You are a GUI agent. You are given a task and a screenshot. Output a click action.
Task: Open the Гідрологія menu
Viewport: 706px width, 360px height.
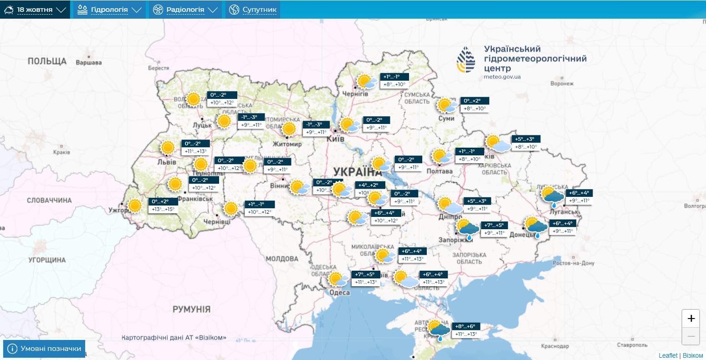(x=109, y=10)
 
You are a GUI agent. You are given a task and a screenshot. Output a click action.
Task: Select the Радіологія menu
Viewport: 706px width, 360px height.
(x=185, y=10)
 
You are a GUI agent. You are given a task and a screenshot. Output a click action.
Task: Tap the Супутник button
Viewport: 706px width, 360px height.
(x=253, y=10)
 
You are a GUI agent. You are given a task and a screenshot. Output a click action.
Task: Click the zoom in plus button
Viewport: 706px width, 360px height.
(x=691, y=319)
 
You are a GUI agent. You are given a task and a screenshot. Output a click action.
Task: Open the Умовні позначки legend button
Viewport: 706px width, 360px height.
(x=44, y=349)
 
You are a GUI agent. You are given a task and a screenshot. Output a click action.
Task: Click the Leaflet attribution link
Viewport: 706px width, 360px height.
(x=668, y=355)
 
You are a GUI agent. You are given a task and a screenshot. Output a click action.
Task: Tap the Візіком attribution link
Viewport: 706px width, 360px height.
(x=692, y=355)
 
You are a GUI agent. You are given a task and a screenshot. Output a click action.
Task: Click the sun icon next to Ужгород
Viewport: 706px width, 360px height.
(x=134, y=206)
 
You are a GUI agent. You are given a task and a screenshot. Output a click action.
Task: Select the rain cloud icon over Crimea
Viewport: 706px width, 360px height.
(x=439, y=331)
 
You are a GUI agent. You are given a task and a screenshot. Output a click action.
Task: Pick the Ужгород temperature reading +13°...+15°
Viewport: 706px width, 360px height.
(x=163, y=209)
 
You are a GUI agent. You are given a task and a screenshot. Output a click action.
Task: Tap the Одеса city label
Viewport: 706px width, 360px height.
(x=339, y=293)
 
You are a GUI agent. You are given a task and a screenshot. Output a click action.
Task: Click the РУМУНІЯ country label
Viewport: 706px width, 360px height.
(x=191, y=309)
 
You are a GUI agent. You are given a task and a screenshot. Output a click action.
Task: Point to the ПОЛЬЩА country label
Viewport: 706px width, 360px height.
(x=47, y=61)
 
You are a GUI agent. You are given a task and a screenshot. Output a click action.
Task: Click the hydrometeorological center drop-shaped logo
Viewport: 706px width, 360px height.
(x=466, y=60)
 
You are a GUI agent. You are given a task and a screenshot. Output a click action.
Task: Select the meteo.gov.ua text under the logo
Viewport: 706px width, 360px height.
(x=502, y=77)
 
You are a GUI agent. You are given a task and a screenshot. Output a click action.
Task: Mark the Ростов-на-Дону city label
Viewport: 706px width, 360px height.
(x=573, y=263)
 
